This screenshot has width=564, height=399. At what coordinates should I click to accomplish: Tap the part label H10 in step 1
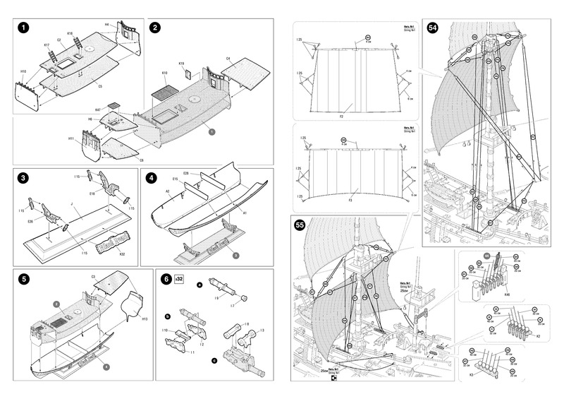(23, 72)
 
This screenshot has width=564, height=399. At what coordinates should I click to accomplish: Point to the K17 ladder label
(47, 45)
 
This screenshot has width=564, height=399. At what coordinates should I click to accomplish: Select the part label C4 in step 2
(228, 58)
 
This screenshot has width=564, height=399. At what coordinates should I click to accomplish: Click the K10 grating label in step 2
(164, 73)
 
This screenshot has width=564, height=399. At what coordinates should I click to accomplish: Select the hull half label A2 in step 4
(168, 191)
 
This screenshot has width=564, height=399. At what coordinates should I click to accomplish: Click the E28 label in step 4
(186, 172)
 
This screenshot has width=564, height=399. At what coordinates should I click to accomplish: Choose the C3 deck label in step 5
(93, 277)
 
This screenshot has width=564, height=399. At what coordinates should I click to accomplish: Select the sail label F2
(341, 115)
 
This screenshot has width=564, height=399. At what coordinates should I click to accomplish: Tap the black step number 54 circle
(433, 28)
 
